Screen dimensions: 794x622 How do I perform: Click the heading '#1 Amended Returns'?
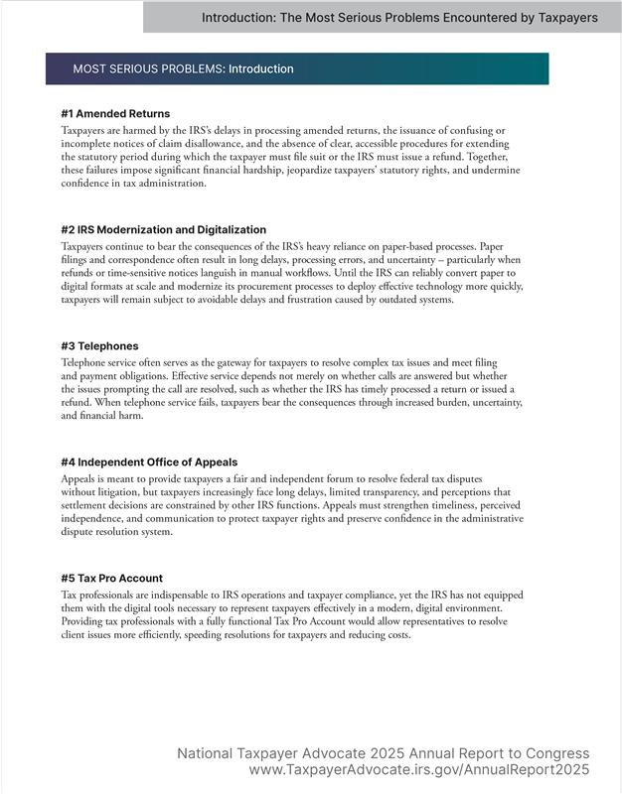click(115, 114)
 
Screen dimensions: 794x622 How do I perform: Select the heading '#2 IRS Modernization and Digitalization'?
click(164, 230)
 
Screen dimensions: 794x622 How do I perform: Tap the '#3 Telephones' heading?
click(99, 346)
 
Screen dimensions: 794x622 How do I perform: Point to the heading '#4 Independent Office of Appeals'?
click(150, 463)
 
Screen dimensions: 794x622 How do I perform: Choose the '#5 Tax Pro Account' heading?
click(111, 579)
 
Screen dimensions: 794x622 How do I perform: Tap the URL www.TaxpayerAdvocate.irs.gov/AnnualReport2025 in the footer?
click(418, 770)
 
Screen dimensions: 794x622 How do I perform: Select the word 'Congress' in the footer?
click(557, 754)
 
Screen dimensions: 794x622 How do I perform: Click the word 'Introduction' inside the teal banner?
click(261, 69)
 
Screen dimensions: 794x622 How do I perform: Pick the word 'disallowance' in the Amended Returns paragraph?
click(199, 144)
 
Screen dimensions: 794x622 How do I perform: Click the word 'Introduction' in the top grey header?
click(240, 18)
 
